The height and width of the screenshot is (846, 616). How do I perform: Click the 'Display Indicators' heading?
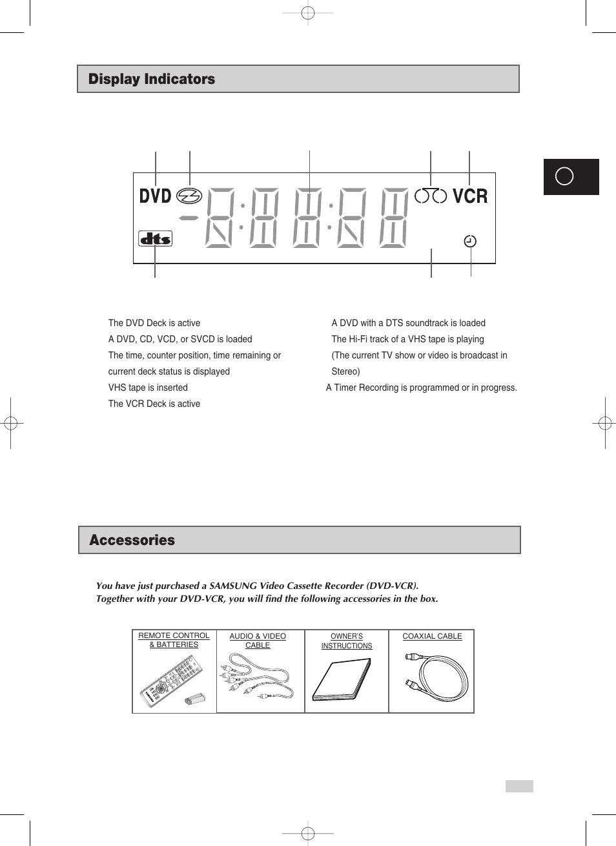[x=152, y=79]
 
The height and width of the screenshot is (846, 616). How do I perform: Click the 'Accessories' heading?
[x=132, y=541]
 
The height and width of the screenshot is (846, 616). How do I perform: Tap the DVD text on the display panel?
[x=155, y=196]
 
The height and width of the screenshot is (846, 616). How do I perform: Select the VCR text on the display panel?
[x=469, y=196]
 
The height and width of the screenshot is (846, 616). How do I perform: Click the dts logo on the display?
[x=155, y=239]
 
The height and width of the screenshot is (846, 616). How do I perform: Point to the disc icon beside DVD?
[x=189, y=196]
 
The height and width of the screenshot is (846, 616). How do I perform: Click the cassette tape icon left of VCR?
[x=431, y=196]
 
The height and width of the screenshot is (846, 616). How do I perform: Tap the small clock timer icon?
[x=470, y=242]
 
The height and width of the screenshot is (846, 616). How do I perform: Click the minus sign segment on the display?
[x=189, y=218]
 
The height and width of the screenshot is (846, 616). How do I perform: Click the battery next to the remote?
[x=194, y=699]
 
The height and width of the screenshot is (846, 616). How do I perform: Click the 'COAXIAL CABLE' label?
[x=432, y=636]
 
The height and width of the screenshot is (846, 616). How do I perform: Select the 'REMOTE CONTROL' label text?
[x=174, y=635]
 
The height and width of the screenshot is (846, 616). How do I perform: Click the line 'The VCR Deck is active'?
[x=154, y=404]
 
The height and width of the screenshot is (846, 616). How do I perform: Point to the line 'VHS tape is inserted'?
[x=148, y=387]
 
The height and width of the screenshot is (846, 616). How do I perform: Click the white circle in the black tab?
[x=564, y=176]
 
